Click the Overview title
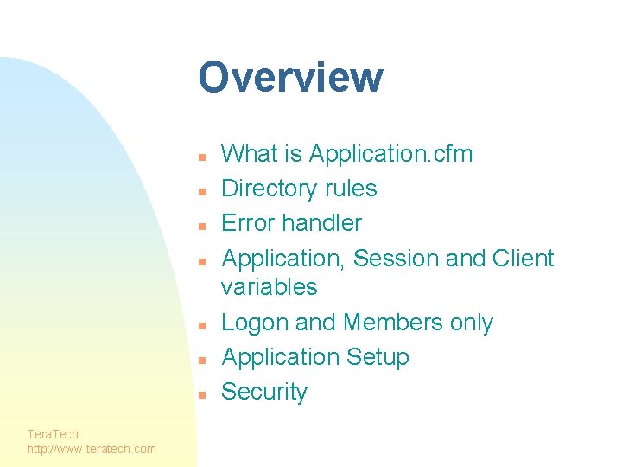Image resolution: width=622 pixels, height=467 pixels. [290, 77]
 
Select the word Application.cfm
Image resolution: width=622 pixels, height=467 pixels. [390, 154]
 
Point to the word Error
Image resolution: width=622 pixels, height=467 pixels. [248, 223]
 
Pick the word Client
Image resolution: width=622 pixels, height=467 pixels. [523, 259]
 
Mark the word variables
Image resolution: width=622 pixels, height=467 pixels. [270, 287]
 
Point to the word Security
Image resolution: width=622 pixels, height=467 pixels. [264, 392]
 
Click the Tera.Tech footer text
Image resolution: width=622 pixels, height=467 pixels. [53, 434]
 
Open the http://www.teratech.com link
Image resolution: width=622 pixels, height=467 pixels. [92, 449]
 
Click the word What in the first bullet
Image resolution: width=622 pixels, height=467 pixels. [248, 154]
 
